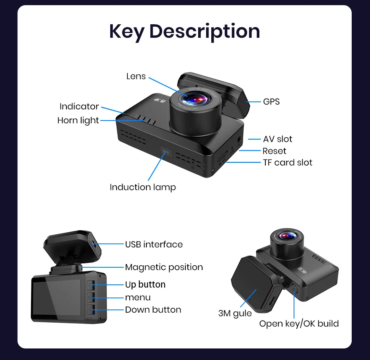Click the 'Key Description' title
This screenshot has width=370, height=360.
pyautogui.click(x=185, y=31)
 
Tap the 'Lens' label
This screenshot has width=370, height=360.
pyautogui.click(x=136, y=76)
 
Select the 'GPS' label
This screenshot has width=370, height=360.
pyautogui.click(x=271, y=102)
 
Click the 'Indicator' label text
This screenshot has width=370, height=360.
pyautogui.click(x=79, y=107)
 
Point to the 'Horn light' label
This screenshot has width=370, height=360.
pyautogui.click(x=78, y=121)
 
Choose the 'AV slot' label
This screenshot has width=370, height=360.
pyautogui.click(x=277, y=139)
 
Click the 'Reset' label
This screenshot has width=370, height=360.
pyautogui.click(x=274, y=151)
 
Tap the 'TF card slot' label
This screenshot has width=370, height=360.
pyautogui.click(x=287, y=163)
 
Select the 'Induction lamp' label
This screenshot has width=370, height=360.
pyautogui.click(x=142, y=187)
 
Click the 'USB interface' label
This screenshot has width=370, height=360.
pyautogui.click(x=154, y=244)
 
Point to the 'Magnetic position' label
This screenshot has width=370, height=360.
pyautogui.click(x=164, y=267)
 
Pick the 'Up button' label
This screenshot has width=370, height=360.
pyautogui.click(x=145, y=284)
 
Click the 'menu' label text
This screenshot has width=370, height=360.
pyautogui.click(x=138, y=298)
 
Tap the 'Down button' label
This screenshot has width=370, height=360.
pyautogui.click(x=153, y=310)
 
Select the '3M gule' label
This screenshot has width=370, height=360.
pyautogui.click(x=235, y=313)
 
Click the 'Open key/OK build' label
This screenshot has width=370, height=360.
pyautogui.click(x=299, y=324)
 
